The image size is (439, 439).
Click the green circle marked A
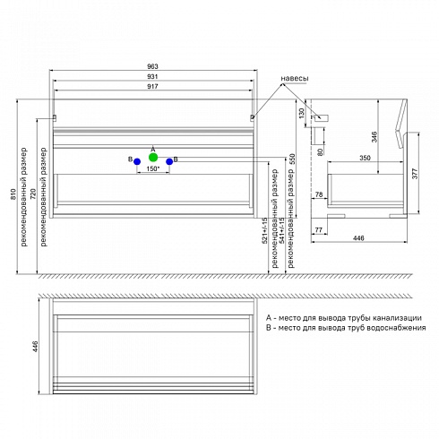click(153, 157)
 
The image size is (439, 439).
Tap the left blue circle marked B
click(137, 161)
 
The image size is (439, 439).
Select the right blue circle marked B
click(169, 161)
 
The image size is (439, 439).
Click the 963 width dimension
click(152, 66)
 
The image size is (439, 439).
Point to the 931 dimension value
click(152, 76)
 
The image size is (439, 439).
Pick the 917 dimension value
click(152, 86)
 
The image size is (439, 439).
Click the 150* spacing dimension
click(153, 168)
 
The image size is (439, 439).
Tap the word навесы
click(295, 78)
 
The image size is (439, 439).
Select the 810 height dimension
click(13, 194)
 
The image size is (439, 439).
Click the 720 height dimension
click(33, 194)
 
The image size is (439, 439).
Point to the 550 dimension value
click(292, 159)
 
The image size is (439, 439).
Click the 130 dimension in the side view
click(302, 113)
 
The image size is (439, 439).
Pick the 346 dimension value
click(374, 136)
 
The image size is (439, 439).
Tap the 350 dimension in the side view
click(365, 158)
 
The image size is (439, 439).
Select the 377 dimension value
click(415, 173)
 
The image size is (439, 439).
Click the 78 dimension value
click(319, 194)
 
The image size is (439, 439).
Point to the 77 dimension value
click(319, 229)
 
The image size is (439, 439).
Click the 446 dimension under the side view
click(358, 238)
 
